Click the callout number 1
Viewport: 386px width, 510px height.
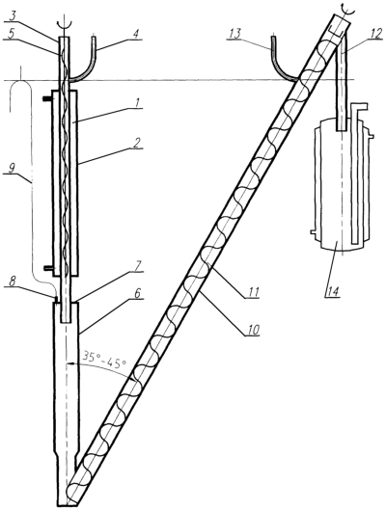click(x=137, y=103)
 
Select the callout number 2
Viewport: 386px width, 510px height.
click(x=137, y=142)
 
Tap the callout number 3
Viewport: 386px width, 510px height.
click(x=13, y=16)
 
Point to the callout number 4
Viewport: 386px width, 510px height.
click(x=137, y=34)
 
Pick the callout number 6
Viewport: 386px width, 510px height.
click(x=137, y=293)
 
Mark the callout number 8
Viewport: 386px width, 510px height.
click(x=12, y=282)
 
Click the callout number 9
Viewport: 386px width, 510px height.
click(x=11, y=169)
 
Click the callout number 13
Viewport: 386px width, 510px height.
click(x=234, y=34)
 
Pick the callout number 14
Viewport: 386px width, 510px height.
click(x=332, y=290)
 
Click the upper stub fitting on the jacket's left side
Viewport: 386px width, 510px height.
click(x=47, y=97)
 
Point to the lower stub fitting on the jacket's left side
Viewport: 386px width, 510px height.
click(x=47, y=268)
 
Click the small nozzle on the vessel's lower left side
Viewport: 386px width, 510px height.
click(x=312, y=232)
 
